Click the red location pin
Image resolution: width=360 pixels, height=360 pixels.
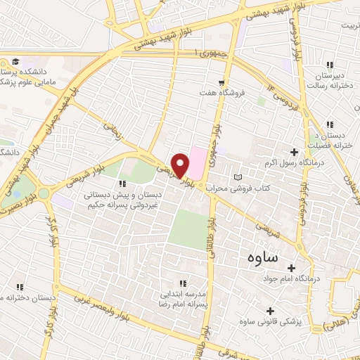coord(181,165)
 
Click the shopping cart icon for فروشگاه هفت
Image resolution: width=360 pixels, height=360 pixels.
coord(223,83)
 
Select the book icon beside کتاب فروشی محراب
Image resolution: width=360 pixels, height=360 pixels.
coord(237,174)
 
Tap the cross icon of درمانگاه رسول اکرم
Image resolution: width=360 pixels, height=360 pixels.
coord(294,152)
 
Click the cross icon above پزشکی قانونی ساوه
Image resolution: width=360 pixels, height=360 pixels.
coord(271,310)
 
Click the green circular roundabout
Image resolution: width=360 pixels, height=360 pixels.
coord(44,193)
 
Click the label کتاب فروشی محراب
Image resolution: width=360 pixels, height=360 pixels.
coord(269,176)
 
